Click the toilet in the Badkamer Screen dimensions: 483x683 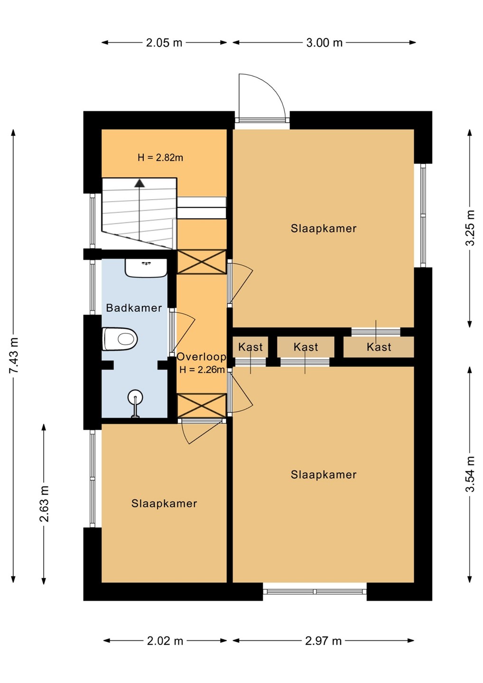click(x=120, y=339)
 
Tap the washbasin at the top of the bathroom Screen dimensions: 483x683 click(x=146, y=268)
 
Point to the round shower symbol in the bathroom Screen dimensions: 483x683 click(x=135, y=398)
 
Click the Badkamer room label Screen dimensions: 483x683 click(x=134, y=308)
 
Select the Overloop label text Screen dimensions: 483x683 click(x=202, y=357)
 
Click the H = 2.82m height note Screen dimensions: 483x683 click(x=160, y=157)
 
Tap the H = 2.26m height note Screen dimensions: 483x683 click(x=202, y=369)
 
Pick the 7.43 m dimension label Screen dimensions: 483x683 click(x=14, y=355)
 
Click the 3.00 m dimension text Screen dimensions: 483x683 click(x=325, y=43)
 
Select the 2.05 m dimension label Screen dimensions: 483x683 click(x=164, y=43)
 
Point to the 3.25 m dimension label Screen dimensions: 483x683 click(x=470, y=228)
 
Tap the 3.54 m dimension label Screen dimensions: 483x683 click(x=470, y=474)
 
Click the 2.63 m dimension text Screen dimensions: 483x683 click(x=45, y=504)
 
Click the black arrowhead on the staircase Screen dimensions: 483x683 click(x=139, y=183)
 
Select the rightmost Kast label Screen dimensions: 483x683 click(x=379, y=347)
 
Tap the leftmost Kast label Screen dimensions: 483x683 click(x=251, y=347)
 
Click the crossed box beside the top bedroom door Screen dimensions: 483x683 click(x=202, y=262)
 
